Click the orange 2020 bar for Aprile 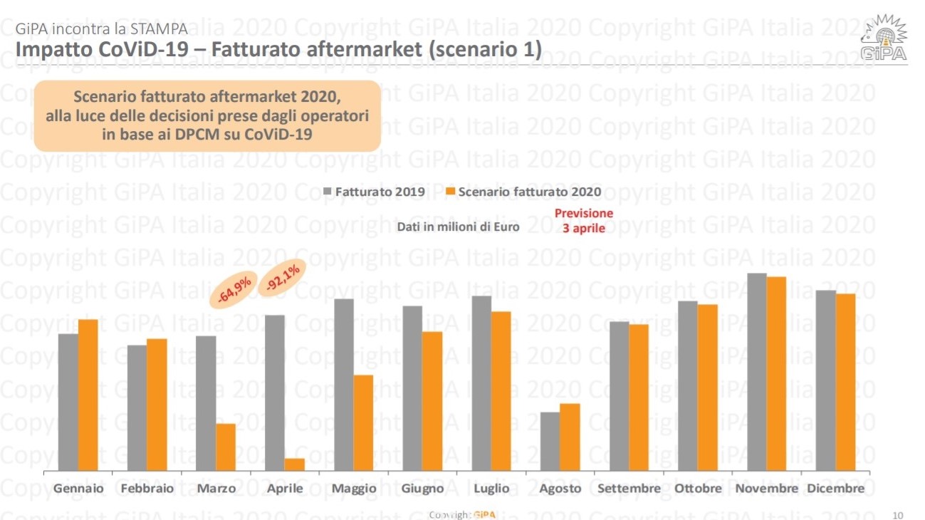tap(295, 464)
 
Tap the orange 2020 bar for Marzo tap(226, 447)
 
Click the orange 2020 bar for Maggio tap(363, 423)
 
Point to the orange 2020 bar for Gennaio tap(88, 395)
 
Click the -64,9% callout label tap(234, 291)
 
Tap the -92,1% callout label tap(282, 276)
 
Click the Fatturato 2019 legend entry tap(375, 192)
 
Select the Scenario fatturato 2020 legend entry tap(523, 192)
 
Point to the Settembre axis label tap(629, 489)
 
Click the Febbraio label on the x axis tap(147, 489)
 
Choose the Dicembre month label tap(835, 489)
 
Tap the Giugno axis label tap(422, 489)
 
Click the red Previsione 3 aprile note tap(583, 221)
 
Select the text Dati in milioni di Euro tap(458, 227)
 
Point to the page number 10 tap(897, 514)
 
